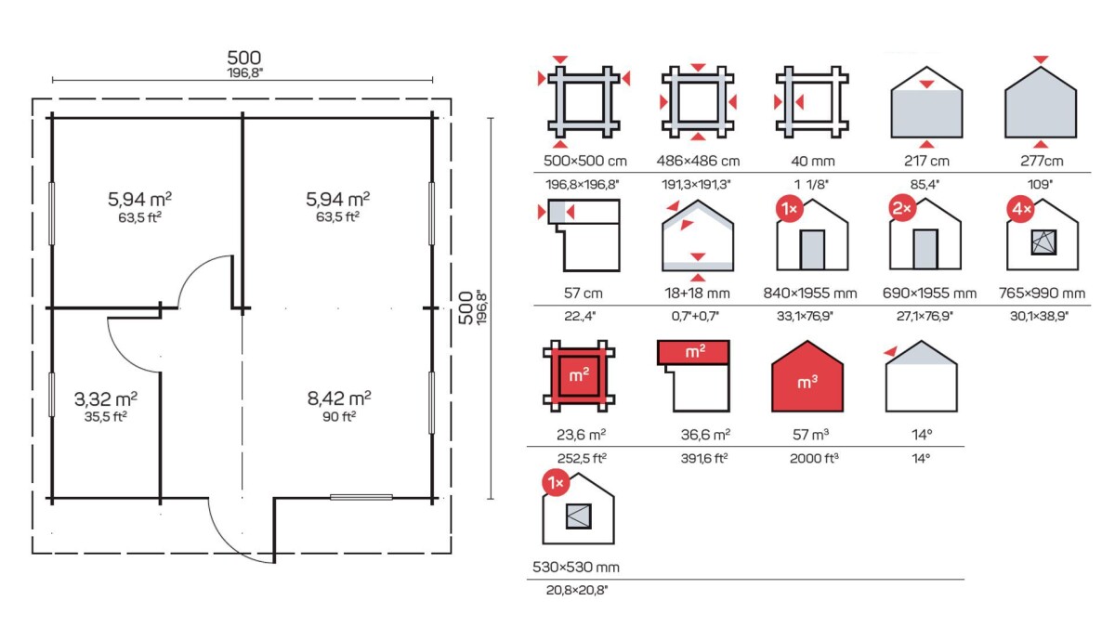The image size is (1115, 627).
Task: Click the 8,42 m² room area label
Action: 339,398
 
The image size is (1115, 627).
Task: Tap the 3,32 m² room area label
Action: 106,399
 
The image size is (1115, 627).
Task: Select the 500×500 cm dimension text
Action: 584,162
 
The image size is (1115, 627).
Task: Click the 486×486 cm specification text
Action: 698,162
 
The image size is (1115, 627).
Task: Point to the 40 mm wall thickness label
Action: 812,162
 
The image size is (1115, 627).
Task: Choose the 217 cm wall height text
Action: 926,162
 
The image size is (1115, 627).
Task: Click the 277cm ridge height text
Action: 1042,162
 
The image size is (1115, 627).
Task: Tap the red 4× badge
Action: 1020,210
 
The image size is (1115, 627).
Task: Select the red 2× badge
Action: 902,208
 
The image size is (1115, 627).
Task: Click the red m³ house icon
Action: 807,377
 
